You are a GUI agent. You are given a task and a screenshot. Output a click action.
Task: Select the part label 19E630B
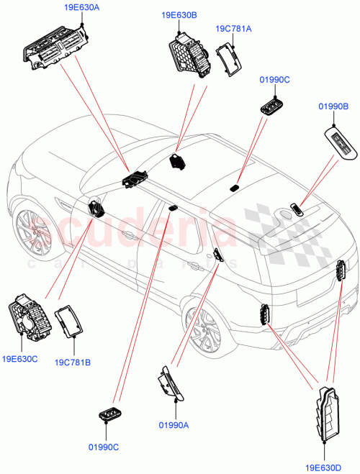click(179, 14)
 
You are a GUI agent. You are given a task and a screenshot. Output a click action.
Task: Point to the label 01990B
click(333, 106)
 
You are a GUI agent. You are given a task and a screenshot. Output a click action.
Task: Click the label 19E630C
click(20, 357)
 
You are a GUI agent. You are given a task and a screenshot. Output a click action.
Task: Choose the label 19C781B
click(72, 362)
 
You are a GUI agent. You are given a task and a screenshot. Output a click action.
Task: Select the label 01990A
click(173, 426)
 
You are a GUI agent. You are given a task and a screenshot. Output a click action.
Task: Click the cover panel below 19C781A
click(230, 58)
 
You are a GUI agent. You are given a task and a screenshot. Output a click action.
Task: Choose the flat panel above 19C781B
click(69, 320)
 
